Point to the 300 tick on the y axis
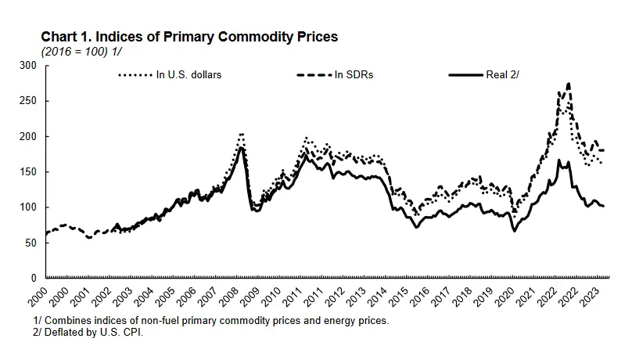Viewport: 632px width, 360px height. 32,66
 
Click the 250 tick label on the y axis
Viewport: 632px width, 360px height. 32,101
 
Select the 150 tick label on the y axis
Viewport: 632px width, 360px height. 32,171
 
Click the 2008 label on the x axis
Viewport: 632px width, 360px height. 232,297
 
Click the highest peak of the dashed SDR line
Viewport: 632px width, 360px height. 568,84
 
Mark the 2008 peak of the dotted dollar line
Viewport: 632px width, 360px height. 241,134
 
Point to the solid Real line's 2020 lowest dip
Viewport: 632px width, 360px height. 515,231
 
